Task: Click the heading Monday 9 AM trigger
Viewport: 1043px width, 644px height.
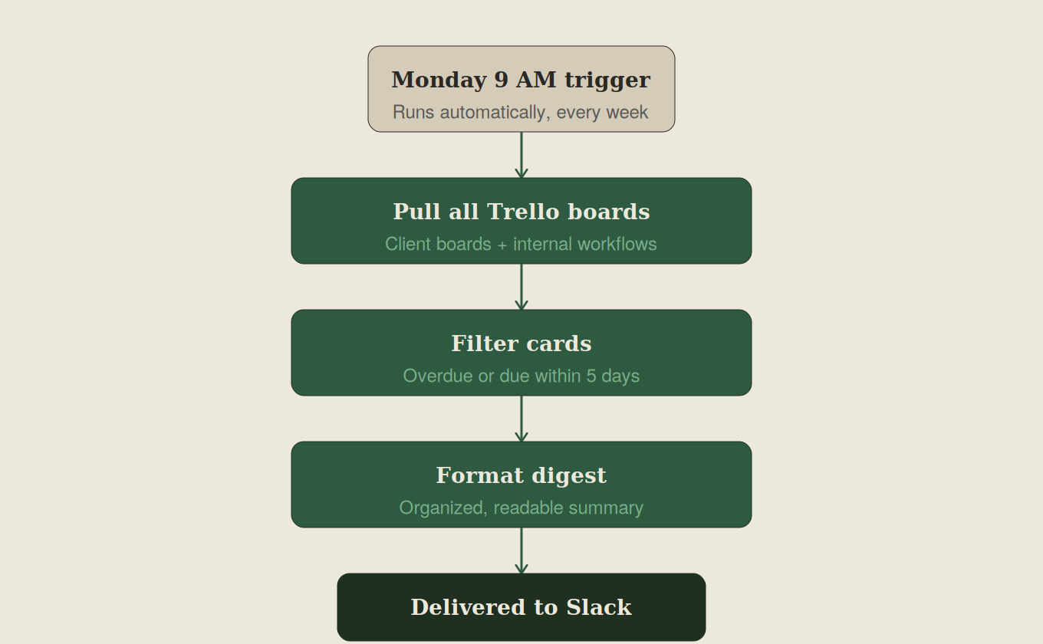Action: (521, 80)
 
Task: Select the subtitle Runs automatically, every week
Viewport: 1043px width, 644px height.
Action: (521, 113)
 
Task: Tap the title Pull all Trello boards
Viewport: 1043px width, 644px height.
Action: (521, 212)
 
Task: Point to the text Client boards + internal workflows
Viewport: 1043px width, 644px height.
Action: (521, 245)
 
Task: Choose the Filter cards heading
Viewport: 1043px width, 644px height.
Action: (521, 343)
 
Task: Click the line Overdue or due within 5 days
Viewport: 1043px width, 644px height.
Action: (521, 376)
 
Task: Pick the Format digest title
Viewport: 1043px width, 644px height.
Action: (521, 475)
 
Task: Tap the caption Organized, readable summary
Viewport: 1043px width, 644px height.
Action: (521, 508)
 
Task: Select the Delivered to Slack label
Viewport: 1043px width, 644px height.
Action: (521, 607)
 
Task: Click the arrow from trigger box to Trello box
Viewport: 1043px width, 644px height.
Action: (521, 156)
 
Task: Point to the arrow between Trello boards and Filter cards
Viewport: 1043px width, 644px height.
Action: (521, 287)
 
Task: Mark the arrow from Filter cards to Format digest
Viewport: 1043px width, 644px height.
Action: (521, 419)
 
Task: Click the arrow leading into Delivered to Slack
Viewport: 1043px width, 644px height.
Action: (521, 551)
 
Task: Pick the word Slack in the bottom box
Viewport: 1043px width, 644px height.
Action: (599, 607)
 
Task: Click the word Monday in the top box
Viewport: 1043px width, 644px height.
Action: (439, 80)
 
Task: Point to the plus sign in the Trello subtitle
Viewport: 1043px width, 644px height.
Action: (502, 245)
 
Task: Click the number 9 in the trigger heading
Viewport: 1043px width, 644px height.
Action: (502, 80)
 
